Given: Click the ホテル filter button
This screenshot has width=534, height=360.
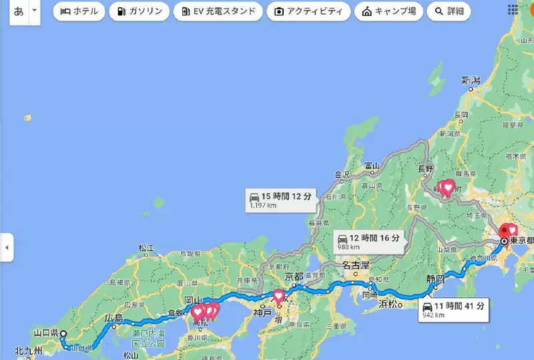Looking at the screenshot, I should pos(79,11).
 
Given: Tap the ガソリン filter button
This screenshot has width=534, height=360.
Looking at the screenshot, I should pos(139,11).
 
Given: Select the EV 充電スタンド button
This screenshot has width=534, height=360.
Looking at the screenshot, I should pos(218,11).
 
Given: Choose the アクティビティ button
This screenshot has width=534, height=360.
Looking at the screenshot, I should pos(308,11).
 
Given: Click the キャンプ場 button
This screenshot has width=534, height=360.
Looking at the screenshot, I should pos(389,11).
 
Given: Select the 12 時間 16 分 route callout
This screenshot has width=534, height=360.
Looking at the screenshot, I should pos(370,240).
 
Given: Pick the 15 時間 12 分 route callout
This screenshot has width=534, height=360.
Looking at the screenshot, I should pos(280,199).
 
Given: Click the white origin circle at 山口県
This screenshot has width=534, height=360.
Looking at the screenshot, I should pos(63,334).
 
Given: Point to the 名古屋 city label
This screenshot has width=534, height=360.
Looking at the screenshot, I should pos(356,264).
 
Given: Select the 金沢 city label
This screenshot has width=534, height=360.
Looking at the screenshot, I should pos(342,176).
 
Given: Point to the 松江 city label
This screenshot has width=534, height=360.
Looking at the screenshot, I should pos(147,248).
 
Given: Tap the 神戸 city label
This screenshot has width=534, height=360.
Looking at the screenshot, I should pos(262,312).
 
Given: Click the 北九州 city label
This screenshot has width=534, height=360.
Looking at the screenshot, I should pos(29,351).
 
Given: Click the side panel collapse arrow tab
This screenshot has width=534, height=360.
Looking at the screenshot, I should pos(7,248).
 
